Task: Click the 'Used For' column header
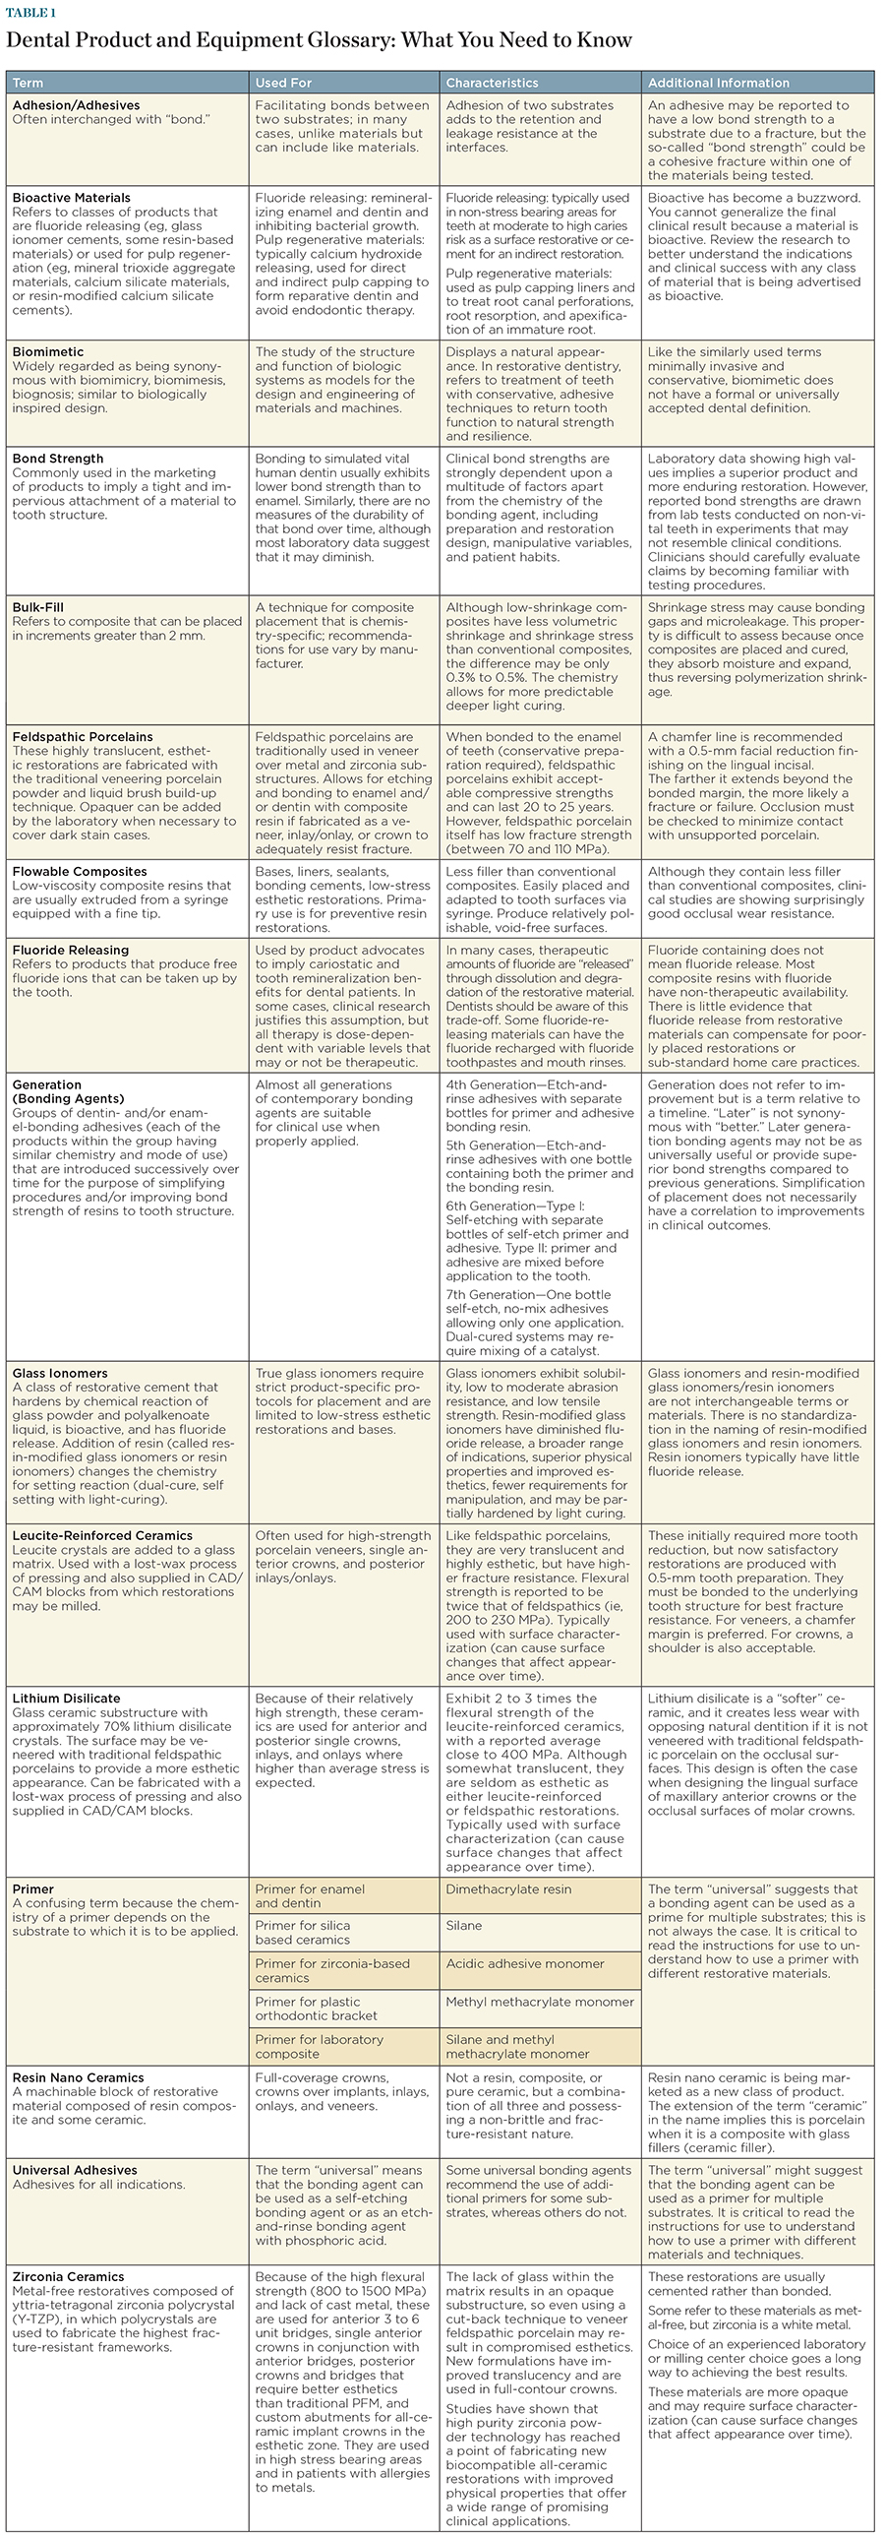[x=284, y=83]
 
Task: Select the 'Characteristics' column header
[x=492, y=83]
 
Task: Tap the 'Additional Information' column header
[x=718, y=83]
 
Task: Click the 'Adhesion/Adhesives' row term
[x=76, y=105]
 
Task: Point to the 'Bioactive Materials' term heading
[x=71, y=198]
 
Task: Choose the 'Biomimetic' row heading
[x=48, y=351]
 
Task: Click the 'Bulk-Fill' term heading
[x=39, y=607]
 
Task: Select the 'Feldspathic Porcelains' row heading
[x=83, y=737]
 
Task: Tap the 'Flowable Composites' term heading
[x=80, y=872]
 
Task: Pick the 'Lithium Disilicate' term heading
[x=66, y=1698]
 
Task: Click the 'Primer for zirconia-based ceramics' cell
[x=331, y=1971]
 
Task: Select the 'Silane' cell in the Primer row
[x=464, y=1926]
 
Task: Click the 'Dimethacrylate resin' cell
[x=508, y=1888]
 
